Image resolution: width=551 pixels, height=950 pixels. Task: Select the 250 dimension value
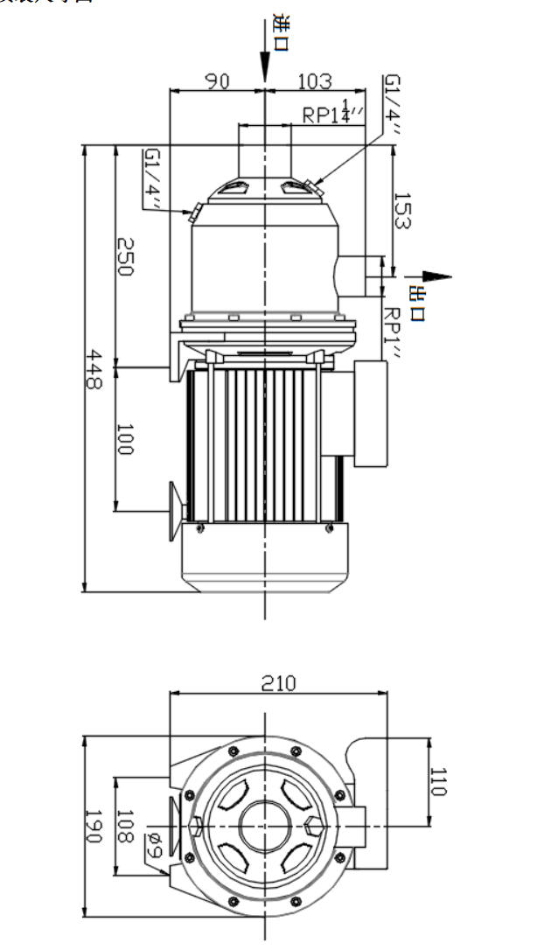click(x=125, y=256)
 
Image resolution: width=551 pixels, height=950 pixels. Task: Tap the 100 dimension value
click(x=125, y=438)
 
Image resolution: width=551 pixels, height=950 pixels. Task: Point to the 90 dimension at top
click(x=217, y=81)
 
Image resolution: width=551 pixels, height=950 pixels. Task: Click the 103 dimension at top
click(x=315, y=81)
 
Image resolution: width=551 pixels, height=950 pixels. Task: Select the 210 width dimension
click(x=279, y=682)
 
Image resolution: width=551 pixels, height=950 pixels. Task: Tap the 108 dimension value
click(x=125, y=827)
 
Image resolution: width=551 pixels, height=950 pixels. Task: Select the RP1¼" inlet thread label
click(x=332, y=113)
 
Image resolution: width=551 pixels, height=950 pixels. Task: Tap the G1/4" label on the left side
click(x=153, y=178)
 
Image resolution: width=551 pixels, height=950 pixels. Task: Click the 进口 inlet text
click(x=281, y=32)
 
